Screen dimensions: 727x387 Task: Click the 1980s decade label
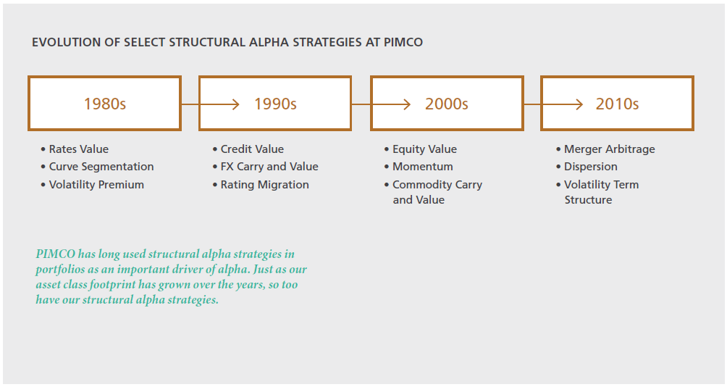(x=105, y=104)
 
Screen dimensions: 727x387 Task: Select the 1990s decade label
(x=275, y=104)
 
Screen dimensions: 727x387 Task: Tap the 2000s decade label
(x=447, y=104)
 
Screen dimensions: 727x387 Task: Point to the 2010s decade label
(x=617, y=104)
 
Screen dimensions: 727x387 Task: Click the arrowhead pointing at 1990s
(x=235, y=104)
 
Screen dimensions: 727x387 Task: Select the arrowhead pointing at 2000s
(x=407, y=104)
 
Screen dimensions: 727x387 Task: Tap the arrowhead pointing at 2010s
(x=579, y=104)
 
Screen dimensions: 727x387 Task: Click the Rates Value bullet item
(x=75, y=149)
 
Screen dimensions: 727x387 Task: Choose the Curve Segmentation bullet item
(x=97, y=167)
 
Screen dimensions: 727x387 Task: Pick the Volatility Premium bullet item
(x=92, y=185)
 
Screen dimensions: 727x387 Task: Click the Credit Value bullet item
(x=248, y=149)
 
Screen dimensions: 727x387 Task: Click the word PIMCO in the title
(x=403, y=42)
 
